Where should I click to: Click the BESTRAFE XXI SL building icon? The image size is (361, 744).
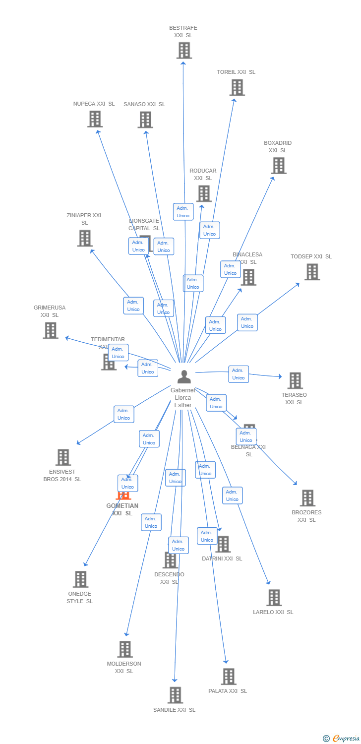(184, 50)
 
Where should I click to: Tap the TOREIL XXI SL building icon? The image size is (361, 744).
(237, 87)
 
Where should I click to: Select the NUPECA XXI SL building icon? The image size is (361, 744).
(95, 119)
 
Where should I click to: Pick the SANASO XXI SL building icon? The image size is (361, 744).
(145, 120)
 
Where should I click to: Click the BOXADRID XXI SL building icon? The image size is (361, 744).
(279, 166)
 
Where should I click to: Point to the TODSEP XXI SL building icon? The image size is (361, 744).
(312, 272)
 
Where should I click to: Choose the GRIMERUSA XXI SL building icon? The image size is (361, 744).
(50, 330)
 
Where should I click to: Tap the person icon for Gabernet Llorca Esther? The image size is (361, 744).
(184, 377)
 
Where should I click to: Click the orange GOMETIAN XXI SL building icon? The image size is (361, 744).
(123, 495)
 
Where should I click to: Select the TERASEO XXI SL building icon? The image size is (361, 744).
(295, 380)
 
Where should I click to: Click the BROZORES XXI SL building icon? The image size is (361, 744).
(307, 498)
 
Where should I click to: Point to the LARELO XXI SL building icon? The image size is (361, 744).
(274, 598)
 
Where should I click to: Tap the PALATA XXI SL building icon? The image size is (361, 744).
(228, 677)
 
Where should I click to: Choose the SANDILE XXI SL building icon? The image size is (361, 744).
(175, 695)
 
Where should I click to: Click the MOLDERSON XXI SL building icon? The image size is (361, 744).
(124, 649)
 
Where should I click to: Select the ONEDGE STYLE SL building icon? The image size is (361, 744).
(80, 579)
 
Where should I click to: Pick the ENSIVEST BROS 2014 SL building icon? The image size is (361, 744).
(63, 457)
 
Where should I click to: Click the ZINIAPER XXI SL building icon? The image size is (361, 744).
(85, 239)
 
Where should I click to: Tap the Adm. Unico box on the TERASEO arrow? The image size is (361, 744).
(239, 374)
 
